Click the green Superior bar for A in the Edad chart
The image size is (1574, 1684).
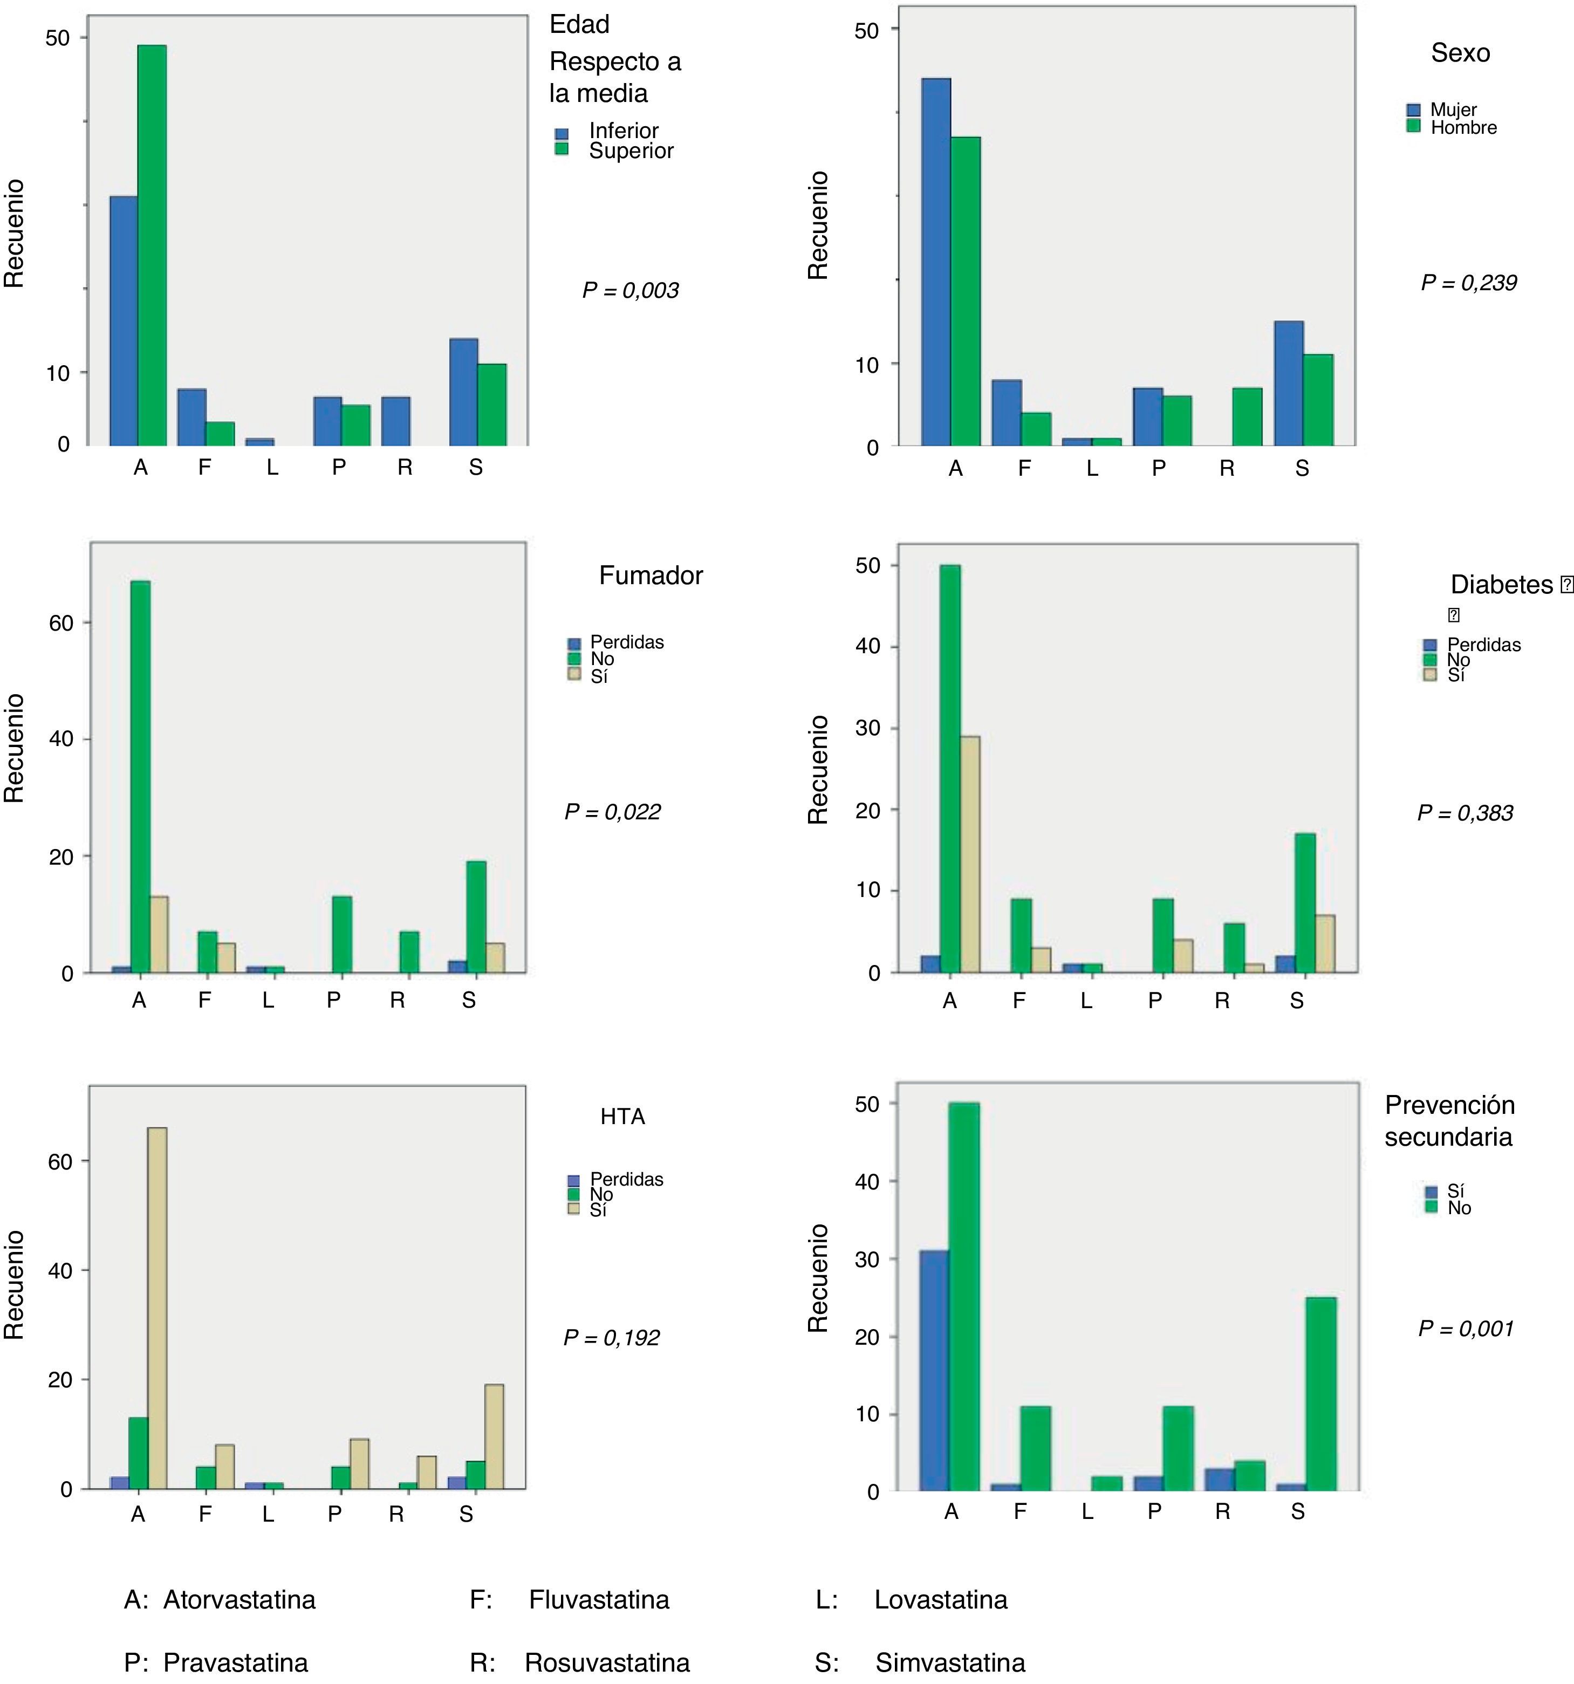tap(152, 245)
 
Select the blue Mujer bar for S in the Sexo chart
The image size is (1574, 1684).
tap(1289, 384)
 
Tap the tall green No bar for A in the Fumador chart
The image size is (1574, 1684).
tap(141, 777)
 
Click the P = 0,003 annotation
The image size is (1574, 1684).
tap(630, 291)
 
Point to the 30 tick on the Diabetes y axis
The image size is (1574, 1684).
tap(867, 729)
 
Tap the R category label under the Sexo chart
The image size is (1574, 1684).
tap(1227, 468)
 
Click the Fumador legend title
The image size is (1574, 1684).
tap(651, 576)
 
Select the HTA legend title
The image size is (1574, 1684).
tap(622, 1117)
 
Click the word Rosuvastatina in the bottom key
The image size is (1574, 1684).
tap(606, 1663)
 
